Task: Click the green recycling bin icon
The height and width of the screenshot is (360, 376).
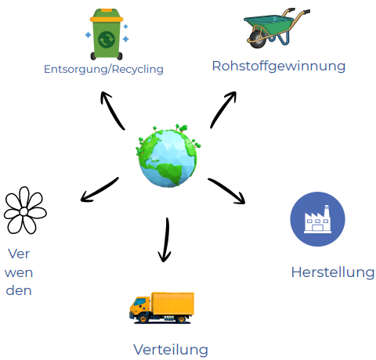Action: pos(107,34)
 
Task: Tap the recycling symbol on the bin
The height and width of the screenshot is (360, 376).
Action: pos(107,40)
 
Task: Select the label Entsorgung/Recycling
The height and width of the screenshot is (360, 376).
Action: pos(103,70)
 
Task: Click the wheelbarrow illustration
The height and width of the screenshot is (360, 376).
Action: pos(277,28)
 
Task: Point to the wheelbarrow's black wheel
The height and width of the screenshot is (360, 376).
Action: pos(258,40)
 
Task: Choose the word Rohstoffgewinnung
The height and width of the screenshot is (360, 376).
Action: pos(279,67)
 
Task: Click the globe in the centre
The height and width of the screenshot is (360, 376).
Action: pos(168,156)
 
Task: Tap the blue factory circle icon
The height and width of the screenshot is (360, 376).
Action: pos(317,219)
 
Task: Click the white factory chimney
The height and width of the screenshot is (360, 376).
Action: pos(327,211)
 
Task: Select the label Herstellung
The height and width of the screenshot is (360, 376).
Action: pos(333,272)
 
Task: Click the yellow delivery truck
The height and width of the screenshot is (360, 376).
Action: pos(162,308)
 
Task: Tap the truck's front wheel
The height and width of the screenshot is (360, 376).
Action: pos(143,319)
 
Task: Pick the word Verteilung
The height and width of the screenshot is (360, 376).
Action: pos(171,350)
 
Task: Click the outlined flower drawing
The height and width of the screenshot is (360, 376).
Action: pos(25,211)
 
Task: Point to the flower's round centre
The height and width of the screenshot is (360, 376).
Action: pos(23,211)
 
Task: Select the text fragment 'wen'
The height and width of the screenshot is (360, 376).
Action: pos(19,273)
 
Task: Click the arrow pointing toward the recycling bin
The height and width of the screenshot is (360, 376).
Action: pos(111,110)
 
